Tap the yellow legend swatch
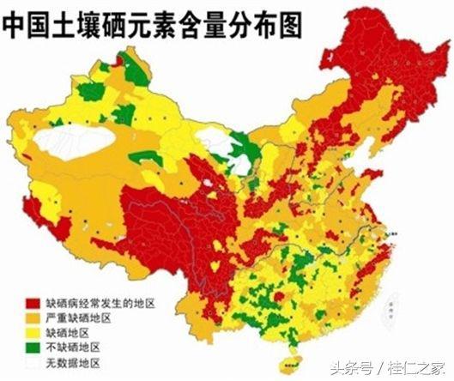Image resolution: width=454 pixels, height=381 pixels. (33, 332)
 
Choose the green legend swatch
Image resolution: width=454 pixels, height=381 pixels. (33, 347)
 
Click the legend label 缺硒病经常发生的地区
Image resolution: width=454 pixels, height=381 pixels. (100, 304)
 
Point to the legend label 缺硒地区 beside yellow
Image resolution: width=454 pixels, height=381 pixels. (72, 332)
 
